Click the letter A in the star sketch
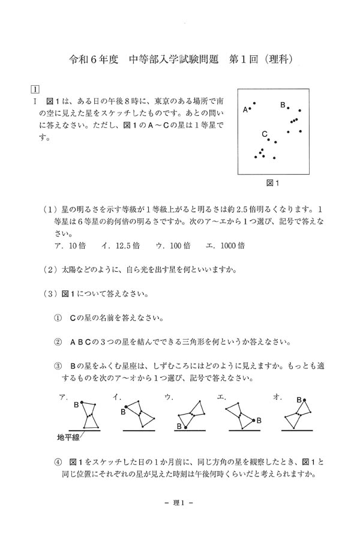tap(245, 110)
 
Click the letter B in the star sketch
tap(283, 106)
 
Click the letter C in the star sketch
tap(265, 134)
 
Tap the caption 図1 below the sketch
tap(274, 182)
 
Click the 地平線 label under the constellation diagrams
tap(68, 437)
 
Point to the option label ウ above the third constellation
tap(169, 397)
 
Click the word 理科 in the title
tap(281, 60)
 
